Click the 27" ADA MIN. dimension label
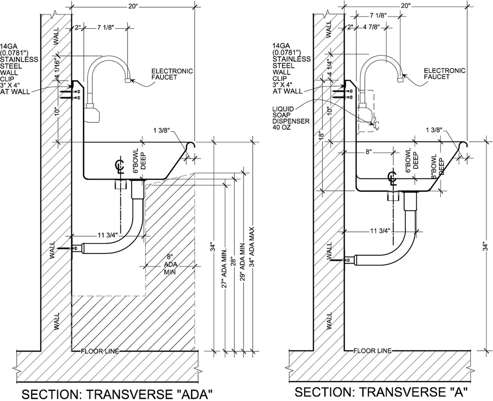coord(224,269)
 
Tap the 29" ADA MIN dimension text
coord(242,262)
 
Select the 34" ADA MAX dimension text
coord(252,247)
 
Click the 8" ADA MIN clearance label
coord(170,265)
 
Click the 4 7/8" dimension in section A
coord(372,27)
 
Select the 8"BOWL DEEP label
coord(438,166)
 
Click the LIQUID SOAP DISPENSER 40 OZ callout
coord(291,118)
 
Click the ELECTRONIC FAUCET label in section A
coord(444,74)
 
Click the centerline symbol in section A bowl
coord(392,179)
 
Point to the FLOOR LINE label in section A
coord(372,351)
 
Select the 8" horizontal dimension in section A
coord(369,152)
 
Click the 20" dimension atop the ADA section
coord(133,6)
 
